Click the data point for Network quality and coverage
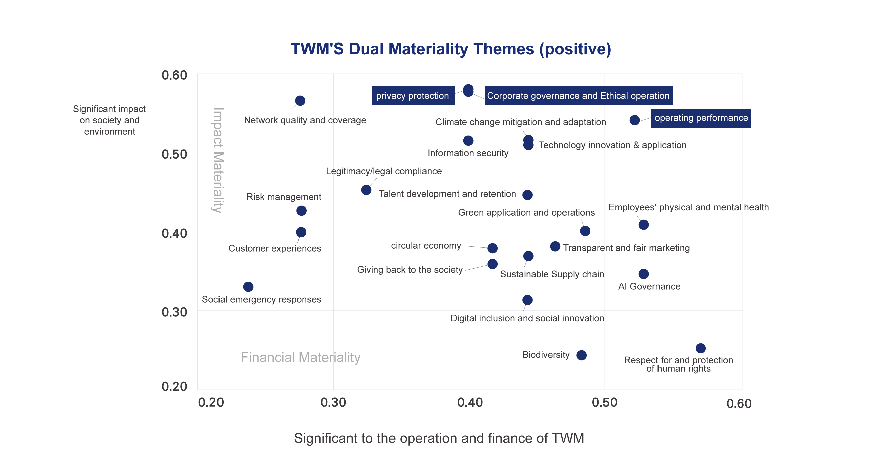(x=300, y=101)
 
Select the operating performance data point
(x=634, y=120)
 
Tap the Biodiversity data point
(x=581, y=355)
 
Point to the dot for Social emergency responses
(x=248, y=287)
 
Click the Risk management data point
(x=301, y=211)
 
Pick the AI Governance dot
(x=643, y=274)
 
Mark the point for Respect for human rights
(x=700, y=348)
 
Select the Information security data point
(x=468, y=141)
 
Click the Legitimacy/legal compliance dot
(x=366, y=190)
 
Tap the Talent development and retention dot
(x=527, y=195)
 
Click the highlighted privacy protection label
(x=413, y=96)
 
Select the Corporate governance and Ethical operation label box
(x=578, y=96)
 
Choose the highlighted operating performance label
(x=701, y=118)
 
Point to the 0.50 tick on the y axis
(x=174, y=154)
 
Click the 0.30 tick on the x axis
(x=333, y=403)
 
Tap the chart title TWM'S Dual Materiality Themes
(x=451, y=49)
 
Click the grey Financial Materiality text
(x=300, y=357)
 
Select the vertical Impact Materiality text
(x=218, y=160)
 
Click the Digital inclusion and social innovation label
(x=527, y=318)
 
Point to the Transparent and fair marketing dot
(x=555, y=246)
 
